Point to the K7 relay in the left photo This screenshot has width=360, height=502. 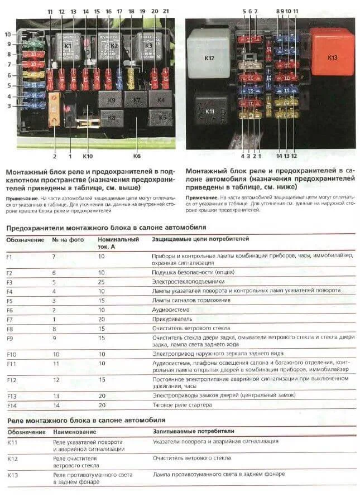[136, 100]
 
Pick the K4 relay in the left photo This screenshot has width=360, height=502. [160, 99]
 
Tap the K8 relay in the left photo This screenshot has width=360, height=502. [112, 118]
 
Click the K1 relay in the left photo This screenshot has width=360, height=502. [68, 46]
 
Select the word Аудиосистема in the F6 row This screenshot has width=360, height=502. [171, 310]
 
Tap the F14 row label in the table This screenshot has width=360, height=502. [12, 406]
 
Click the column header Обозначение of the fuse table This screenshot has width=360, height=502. [25, 239]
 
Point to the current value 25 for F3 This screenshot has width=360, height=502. [102, 282]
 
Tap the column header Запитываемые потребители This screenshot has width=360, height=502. [193, 431]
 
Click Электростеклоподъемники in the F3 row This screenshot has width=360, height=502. [188, 282]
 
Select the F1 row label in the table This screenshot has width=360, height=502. [11, 256]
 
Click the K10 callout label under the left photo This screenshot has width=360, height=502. [87, 157]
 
